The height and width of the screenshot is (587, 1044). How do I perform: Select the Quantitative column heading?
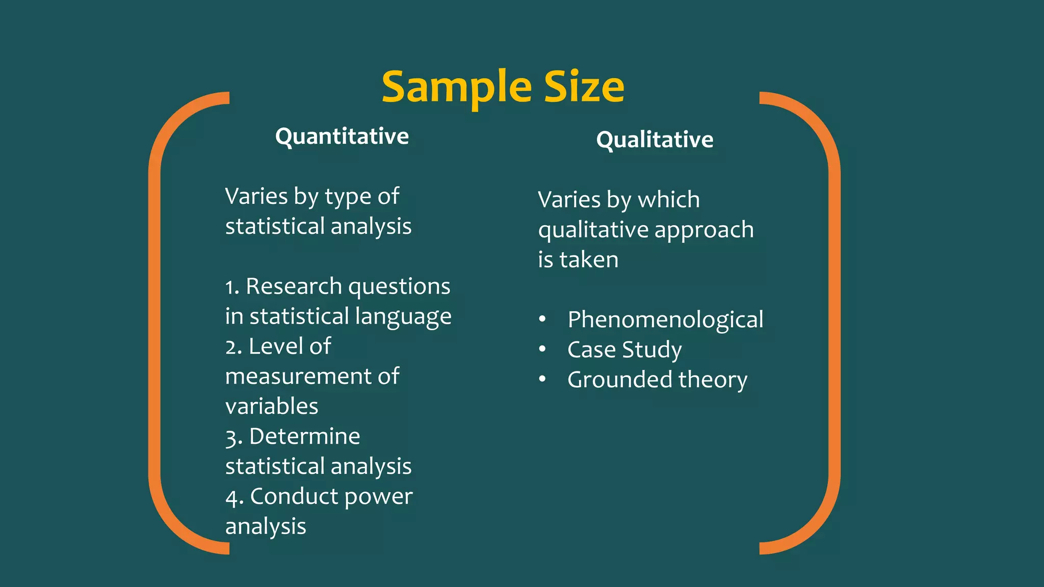[x=342, y=137]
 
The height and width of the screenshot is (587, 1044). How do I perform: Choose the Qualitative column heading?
[x=655, y=140]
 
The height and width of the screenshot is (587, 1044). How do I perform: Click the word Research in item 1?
[x=294, y=286]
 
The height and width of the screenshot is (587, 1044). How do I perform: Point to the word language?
[x=403, y=317]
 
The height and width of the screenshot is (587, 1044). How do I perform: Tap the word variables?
[x=272, y=407]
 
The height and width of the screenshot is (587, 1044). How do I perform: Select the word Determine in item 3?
[x=304, y=437]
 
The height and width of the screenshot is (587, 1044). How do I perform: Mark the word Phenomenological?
[x=665, y=320]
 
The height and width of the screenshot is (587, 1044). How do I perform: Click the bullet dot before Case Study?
[x=542, y=350]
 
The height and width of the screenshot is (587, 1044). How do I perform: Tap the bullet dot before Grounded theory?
[x=542, y=380]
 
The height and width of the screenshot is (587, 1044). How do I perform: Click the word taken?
[x=589, y=260]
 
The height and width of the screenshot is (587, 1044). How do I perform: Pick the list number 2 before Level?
[x=231, y=348]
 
